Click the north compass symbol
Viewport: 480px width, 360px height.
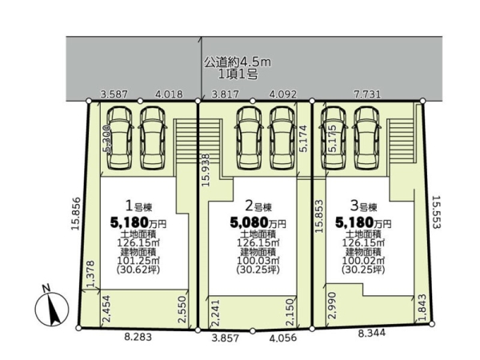[x=51, y=308]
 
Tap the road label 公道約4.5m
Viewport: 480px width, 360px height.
[x=238, y=62]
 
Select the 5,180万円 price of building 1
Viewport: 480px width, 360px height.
[x=138, y=223]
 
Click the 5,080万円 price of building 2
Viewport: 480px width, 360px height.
[x=258, y=223]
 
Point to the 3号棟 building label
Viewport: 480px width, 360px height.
[x=363, y=206]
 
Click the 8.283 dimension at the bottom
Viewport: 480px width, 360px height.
[x=138, y=337]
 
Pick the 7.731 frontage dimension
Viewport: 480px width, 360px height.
[x=367, y=94]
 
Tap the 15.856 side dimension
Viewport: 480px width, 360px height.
[x=76, y=214]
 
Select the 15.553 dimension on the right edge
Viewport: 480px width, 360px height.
[x=436, y=212]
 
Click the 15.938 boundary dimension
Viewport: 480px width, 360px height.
[x=206, y=170]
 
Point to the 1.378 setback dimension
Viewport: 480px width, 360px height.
[x=90, y=274]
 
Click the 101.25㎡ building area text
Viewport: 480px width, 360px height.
[x=138, y=261]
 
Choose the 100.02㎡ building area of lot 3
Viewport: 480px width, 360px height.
[x=363, y=261]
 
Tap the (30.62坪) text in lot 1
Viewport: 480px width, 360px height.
[x=138, y=270]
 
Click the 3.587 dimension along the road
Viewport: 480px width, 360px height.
[x=114, y=94]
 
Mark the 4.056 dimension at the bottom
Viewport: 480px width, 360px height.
[x=283, y=338]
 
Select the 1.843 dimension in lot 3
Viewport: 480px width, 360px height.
[x=422, y=308]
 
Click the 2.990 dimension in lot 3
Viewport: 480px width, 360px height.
[x=332, y=306]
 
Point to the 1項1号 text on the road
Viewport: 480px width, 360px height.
[x=238, y=74]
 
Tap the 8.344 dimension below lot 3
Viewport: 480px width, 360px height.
[x=372, y=333]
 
